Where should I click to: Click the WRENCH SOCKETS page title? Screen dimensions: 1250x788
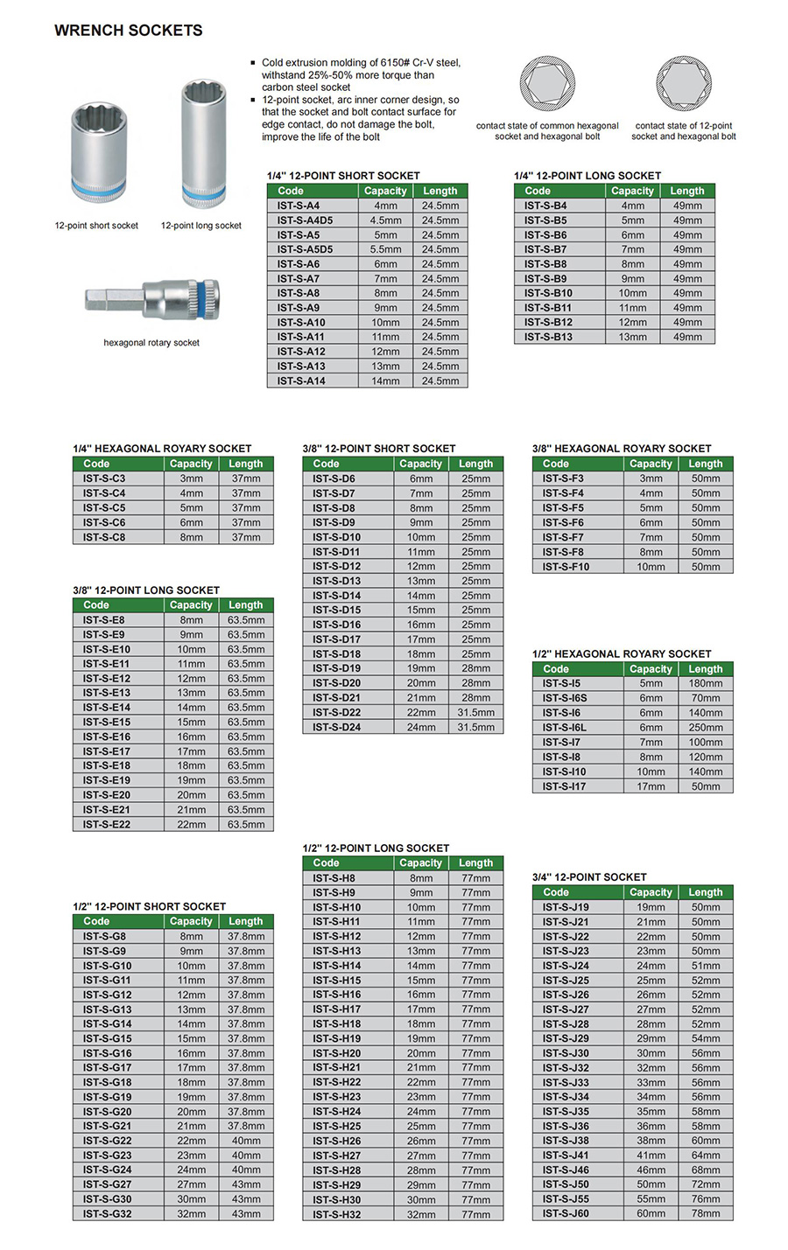point(128,31)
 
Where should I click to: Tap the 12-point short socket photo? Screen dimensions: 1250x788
point(97,149)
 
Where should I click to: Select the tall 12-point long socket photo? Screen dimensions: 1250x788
point(202,142)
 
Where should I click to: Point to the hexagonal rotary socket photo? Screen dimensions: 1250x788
point(153,299)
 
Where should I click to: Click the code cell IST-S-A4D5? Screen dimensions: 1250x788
point(305,220)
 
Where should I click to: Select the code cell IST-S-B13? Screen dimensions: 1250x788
point(548,337)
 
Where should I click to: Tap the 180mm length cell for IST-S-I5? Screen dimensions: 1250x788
point(705,684)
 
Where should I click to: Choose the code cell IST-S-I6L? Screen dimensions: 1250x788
point(565,728)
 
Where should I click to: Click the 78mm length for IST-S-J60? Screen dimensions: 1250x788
point(705,1213)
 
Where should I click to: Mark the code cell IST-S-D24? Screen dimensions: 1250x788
point(336,727)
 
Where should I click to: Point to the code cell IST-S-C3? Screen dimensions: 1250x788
point(104,478)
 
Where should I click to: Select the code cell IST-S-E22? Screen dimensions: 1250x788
point(107,824)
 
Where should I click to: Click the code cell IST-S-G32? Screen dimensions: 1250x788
point(108,1213)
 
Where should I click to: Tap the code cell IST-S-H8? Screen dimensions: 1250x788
point(334,878)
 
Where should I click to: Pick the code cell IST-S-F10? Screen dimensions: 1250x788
point(566,567)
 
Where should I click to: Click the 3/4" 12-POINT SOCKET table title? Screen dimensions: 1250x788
point(589,876)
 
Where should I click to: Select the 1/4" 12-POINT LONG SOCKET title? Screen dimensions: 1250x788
point(587,176)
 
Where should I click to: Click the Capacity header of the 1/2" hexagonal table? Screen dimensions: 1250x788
point(651,669)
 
